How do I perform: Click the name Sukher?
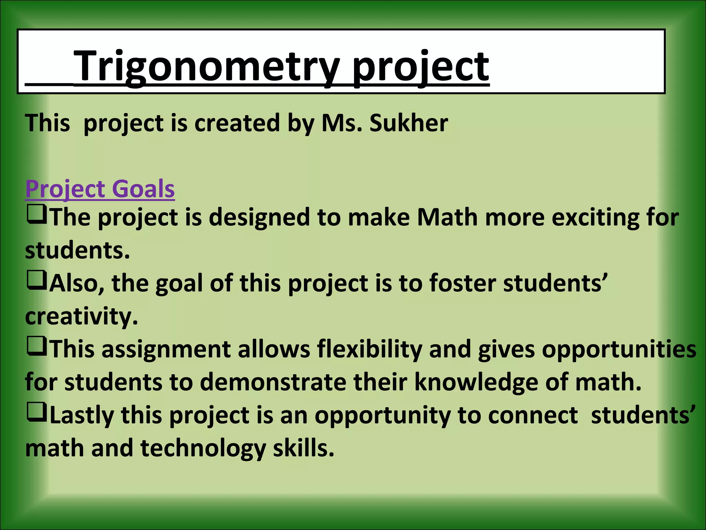tap(409, 123)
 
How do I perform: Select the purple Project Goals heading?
tap(100, 189)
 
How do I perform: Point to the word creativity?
tap(81, 316)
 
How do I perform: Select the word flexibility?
tap(369, 349)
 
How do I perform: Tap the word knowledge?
tap(476, 382)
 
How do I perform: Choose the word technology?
tap(203, 448)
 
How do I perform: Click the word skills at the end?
tap(303, 448)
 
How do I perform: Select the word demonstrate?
tap(273, 382)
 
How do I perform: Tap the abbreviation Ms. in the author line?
tap(341, 123)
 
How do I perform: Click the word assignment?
tap(166, 349)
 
